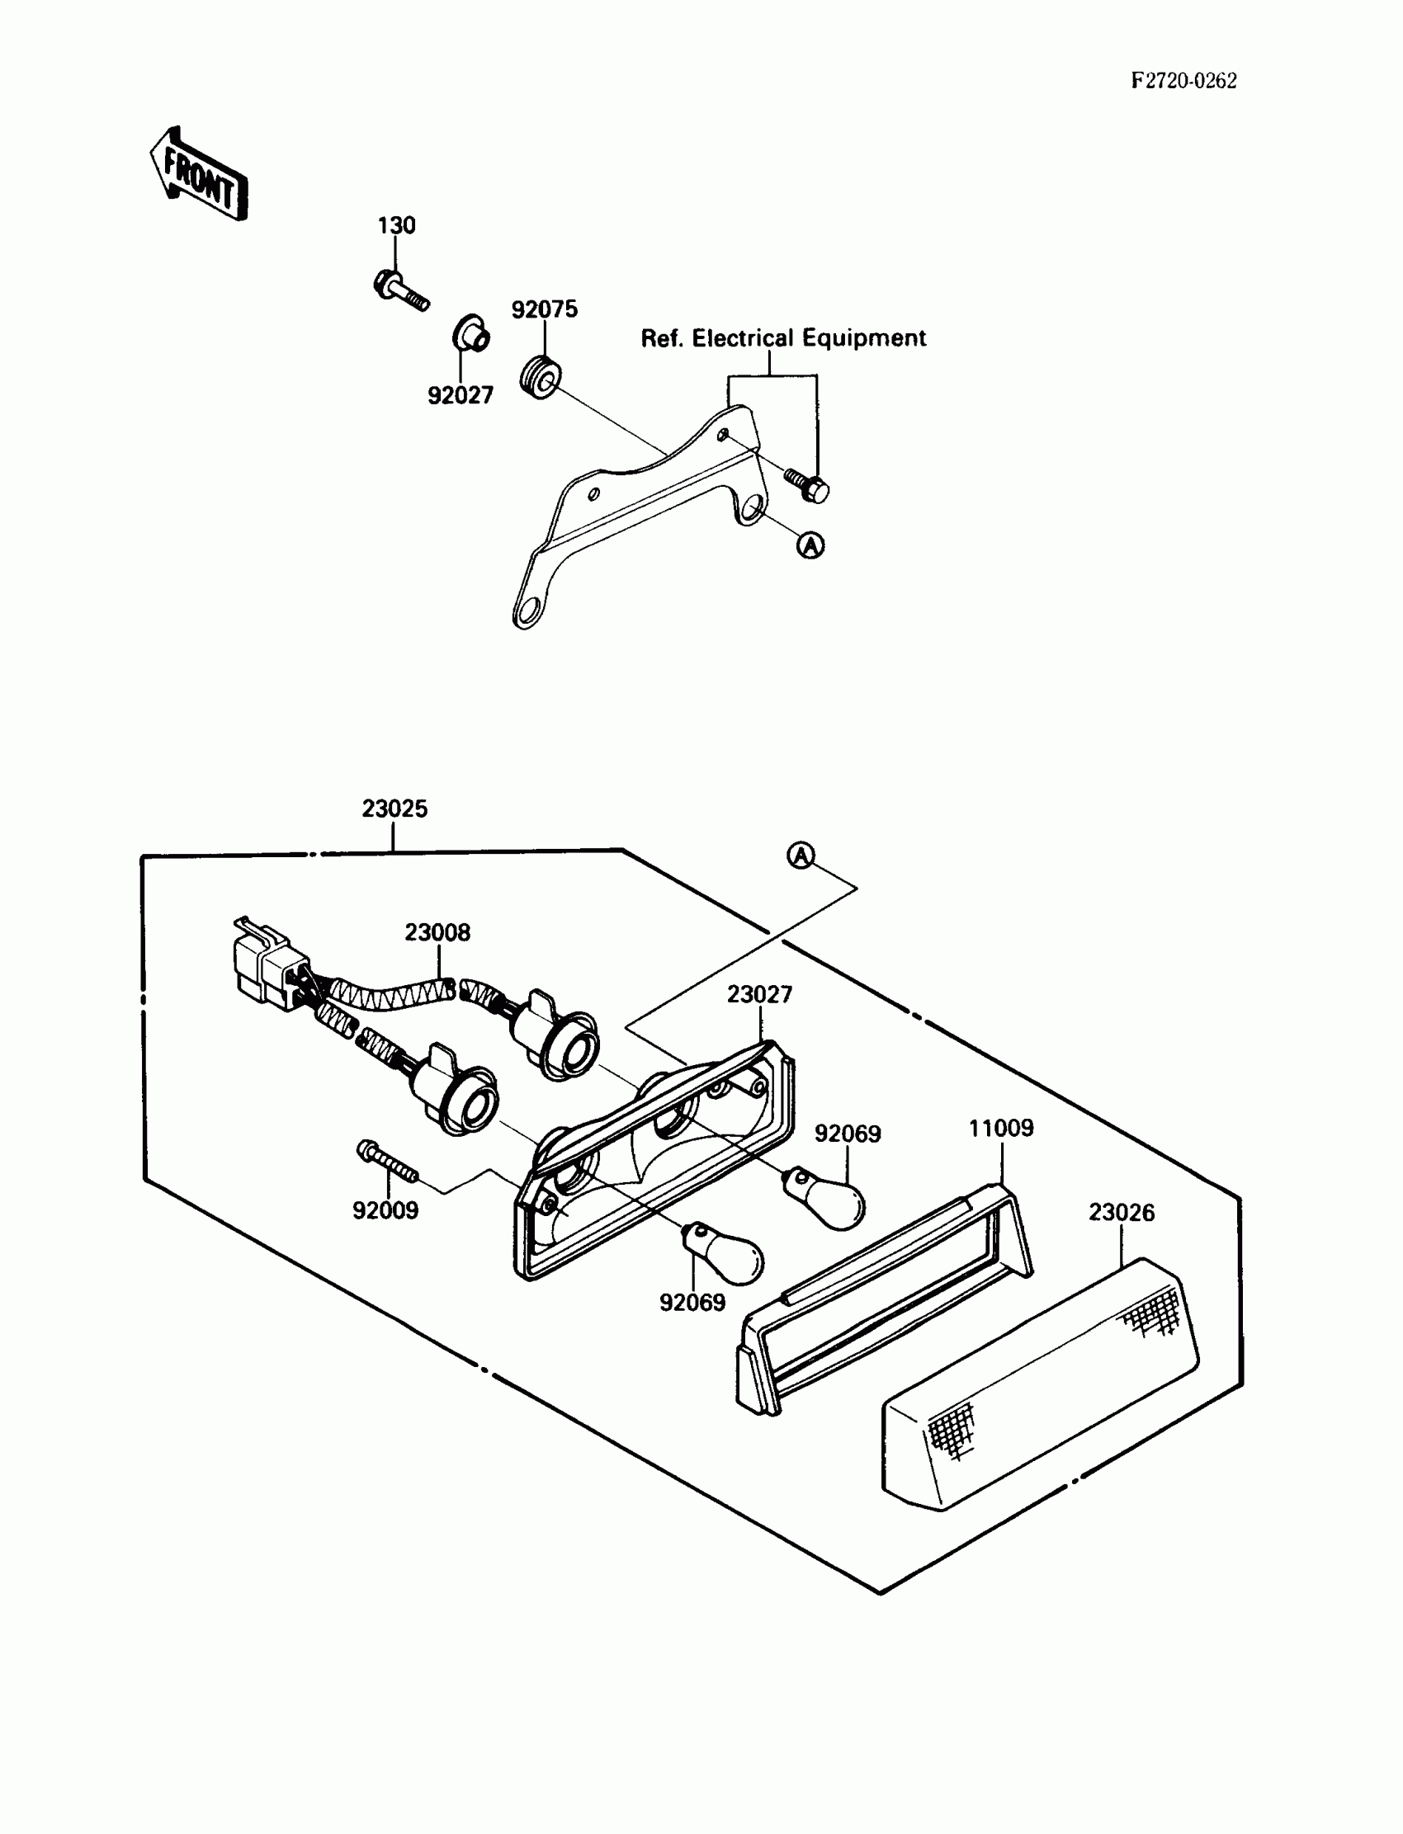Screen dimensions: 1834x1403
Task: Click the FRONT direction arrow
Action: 200,175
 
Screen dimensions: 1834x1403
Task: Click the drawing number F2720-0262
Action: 1183,81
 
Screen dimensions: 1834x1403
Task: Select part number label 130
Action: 396,225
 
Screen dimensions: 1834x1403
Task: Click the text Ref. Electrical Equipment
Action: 782,338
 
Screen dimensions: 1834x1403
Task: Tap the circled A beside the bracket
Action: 810,545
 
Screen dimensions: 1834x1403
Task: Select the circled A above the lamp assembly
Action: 801,855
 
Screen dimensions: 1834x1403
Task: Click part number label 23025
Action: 394,808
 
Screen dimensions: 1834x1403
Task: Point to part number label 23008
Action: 437,931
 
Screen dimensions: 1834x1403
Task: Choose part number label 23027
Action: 759,994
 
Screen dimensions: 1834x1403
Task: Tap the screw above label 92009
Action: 387,1162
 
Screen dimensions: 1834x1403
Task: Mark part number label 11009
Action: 1000,1128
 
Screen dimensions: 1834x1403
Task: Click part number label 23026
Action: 1121,1212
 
